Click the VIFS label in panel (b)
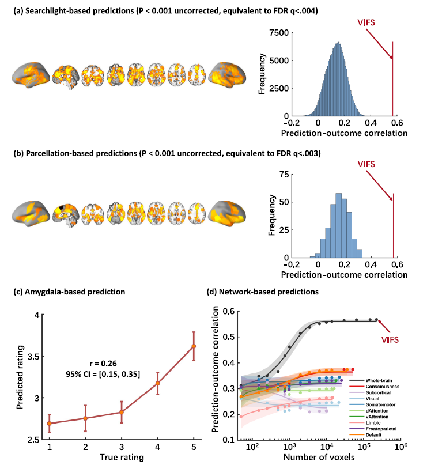365,164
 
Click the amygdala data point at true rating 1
50,424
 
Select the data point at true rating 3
122,412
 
